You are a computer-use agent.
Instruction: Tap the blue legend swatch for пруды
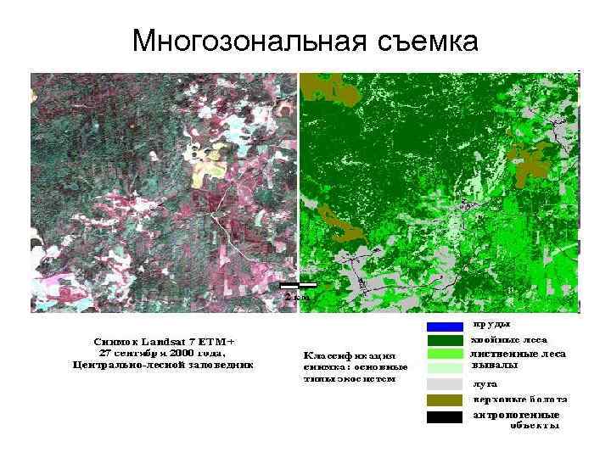coord(445,326)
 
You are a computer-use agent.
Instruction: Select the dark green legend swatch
coord(445,340)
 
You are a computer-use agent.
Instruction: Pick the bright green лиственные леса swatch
coord(445,354)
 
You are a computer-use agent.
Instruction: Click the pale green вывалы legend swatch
coord(445,368)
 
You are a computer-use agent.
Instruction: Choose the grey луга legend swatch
coord(445,383)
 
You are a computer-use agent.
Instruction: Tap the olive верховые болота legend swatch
coord(445,399)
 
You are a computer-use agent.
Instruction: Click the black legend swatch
coord(445,416)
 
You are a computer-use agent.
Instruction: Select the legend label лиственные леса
coord(518,353)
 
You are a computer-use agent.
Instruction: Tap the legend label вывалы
coord(494,366)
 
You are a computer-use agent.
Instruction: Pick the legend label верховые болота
coord(520,399)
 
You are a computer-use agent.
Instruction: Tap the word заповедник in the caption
coord(224,366)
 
